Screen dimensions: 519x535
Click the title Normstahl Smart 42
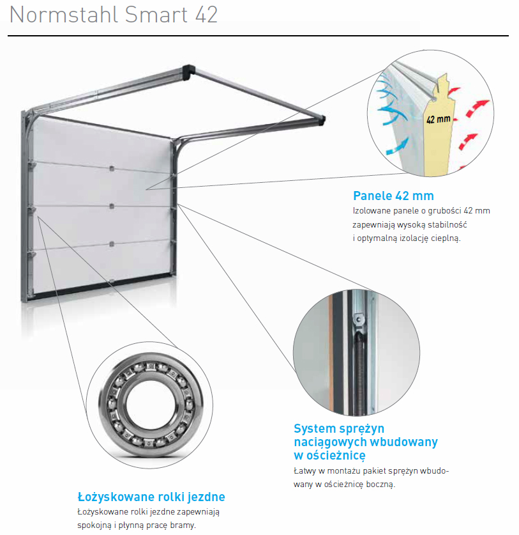click(114, 15)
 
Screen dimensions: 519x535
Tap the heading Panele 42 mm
click(393, 196)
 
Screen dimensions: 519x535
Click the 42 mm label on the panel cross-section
click(438, 119)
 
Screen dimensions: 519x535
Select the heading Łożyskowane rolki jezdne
click(151, 497)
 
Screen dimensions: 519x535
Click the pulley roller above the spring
click(359, 320)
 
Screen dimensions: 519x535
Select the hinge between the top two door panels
click(112, 168)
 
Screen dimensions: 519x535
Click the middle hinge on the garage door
click(112, 206)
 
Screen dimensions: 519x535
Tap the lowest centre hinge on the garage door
click(112, 244)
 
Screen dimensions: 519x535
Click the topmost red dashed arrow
click(454, 91)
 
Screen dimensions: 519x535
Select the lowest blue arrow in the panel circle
click(397, 146)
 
